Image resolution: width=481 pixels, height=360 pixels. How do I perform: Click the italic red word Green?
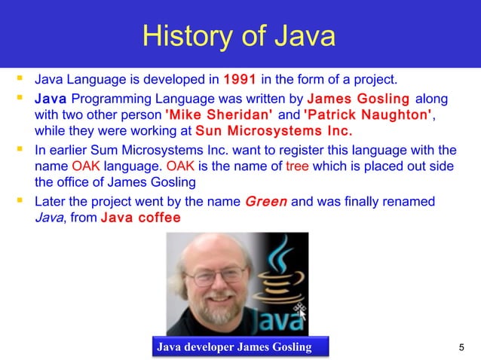click(266, 202)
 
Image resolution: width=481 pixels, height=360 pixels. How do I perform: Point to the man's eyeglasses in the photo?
click(204, 276)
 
